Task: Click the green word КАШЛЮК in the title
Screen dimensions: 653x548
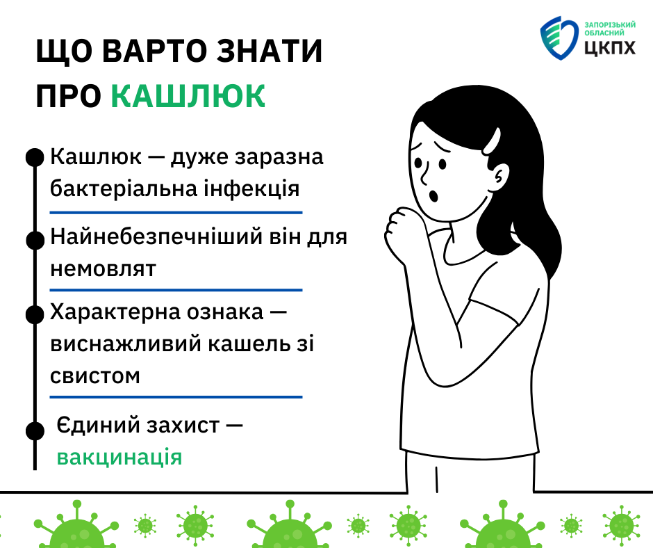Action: pos(188,96)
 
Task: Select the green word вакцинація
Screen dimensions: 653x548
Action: pos(119,457)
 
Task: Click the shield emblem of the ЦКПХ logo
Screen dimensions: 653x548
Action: pos(559,38)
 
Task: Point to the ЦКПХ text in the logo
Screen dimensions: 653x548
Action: pos(610,47)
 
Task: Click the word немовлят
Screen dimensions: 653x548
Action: pos(103,268)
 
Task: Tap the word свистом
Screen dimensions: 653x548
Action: pos(95,376)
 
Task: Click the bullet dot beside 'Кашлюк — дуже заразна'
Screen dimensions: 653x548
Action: pos(35,157)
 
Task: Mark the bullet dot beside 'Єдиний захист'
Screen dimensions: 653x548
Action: pos(35,430)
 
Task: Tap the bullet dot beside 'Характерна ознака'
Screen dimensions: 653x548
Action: pos(35,314)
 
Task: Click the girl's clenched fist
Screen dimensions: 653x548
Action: pos(399,229)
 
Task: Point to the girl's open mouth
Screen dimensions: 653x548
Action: pos(433,195)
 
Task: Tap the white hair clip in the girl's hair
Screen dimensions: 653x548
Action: pos(492,140)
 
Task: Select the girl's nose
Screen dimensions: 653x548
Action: pos(424,175)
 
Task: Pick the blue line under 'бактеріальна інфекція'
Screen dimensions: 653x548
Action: pos(176,213)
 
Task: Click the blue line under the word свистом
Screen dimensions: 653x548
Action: pos(176,397)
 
